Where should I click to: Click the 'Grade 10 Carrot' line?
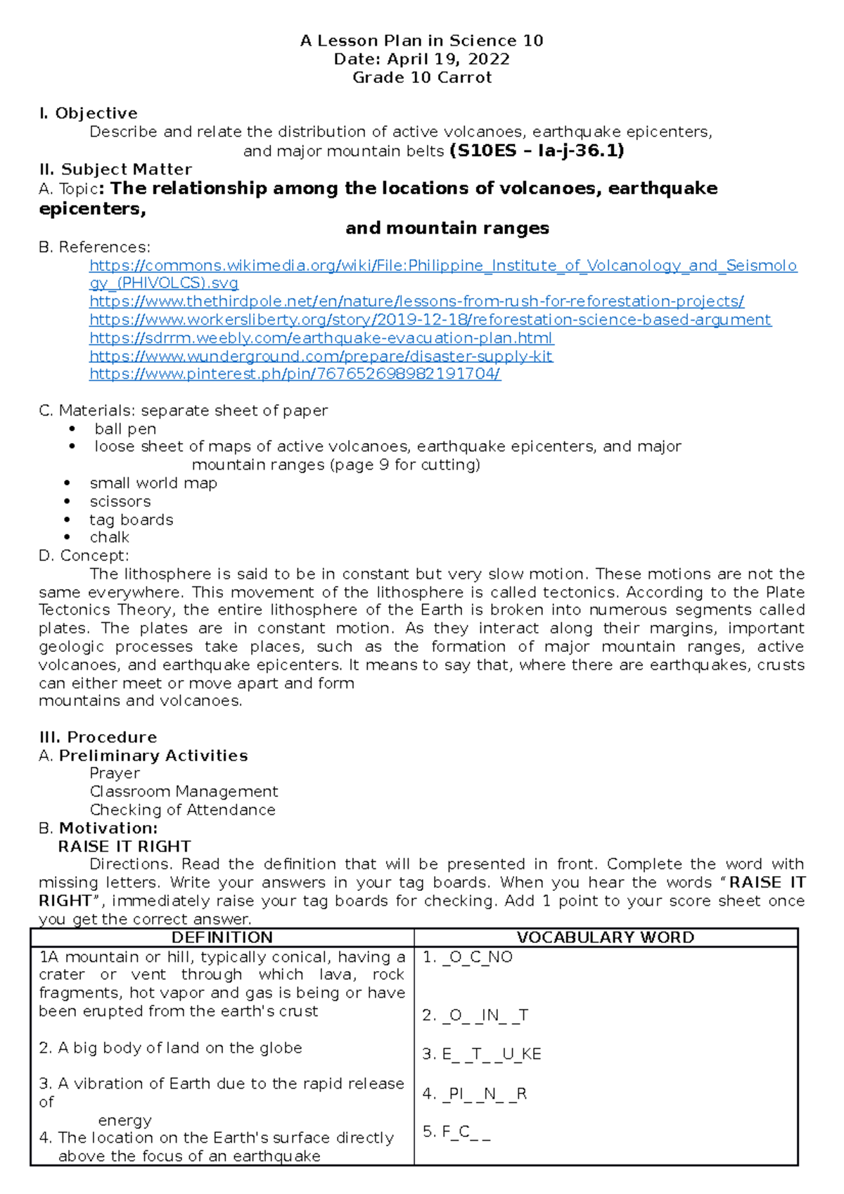[422, 77]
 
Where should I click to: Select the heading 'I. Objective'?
[89, 113]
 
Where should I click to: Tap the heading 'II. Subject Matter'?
[116, 169]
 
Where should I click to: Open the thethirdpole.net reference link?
[416, 302]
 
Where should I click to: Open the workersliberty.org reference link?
[430, 320]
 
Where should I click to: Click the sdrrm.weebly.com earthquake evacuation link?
[321, 338]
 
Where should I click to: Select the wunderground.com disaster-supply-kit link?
[321, 357]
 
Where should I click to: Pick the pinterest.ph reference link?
[295, 374]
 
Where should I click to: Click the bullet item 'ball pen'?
[125, 429]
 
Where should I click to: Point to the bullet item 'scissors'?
[120, 501]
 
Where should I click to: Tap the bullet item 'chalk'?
[110, 537]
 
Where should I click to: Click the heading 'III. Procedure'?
[98, 737]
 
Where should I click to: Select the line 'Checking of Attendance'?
[182, 810]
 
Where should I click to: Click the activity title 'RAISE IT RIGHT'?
[124, 846]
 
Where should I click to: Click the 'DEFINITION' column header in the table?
[222, 937]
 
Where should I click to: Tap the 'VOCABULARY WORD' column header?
[606, 937]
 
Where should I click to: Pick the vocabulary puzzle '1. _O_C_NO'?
[468, 957]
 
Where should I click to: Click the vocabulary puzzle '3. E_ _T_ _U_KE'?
[482, 1054]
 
